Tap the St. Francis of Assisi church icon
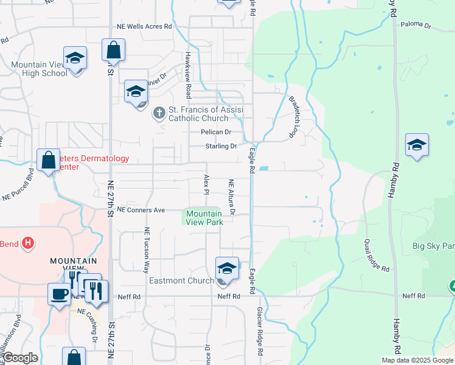(159, 113)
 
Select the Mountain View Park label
(204, 218)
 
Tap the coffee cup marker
(60, 294)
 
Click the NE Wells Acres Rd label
(145, 27)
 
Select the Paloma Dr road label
(415, 26)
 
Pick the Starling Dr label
(220, 147)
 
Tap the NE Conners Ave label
(141, 210)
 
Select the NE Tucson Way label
(146, 251)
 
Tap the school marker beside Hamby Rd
(417, 145)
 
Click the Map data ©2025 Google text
(417, 360)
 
